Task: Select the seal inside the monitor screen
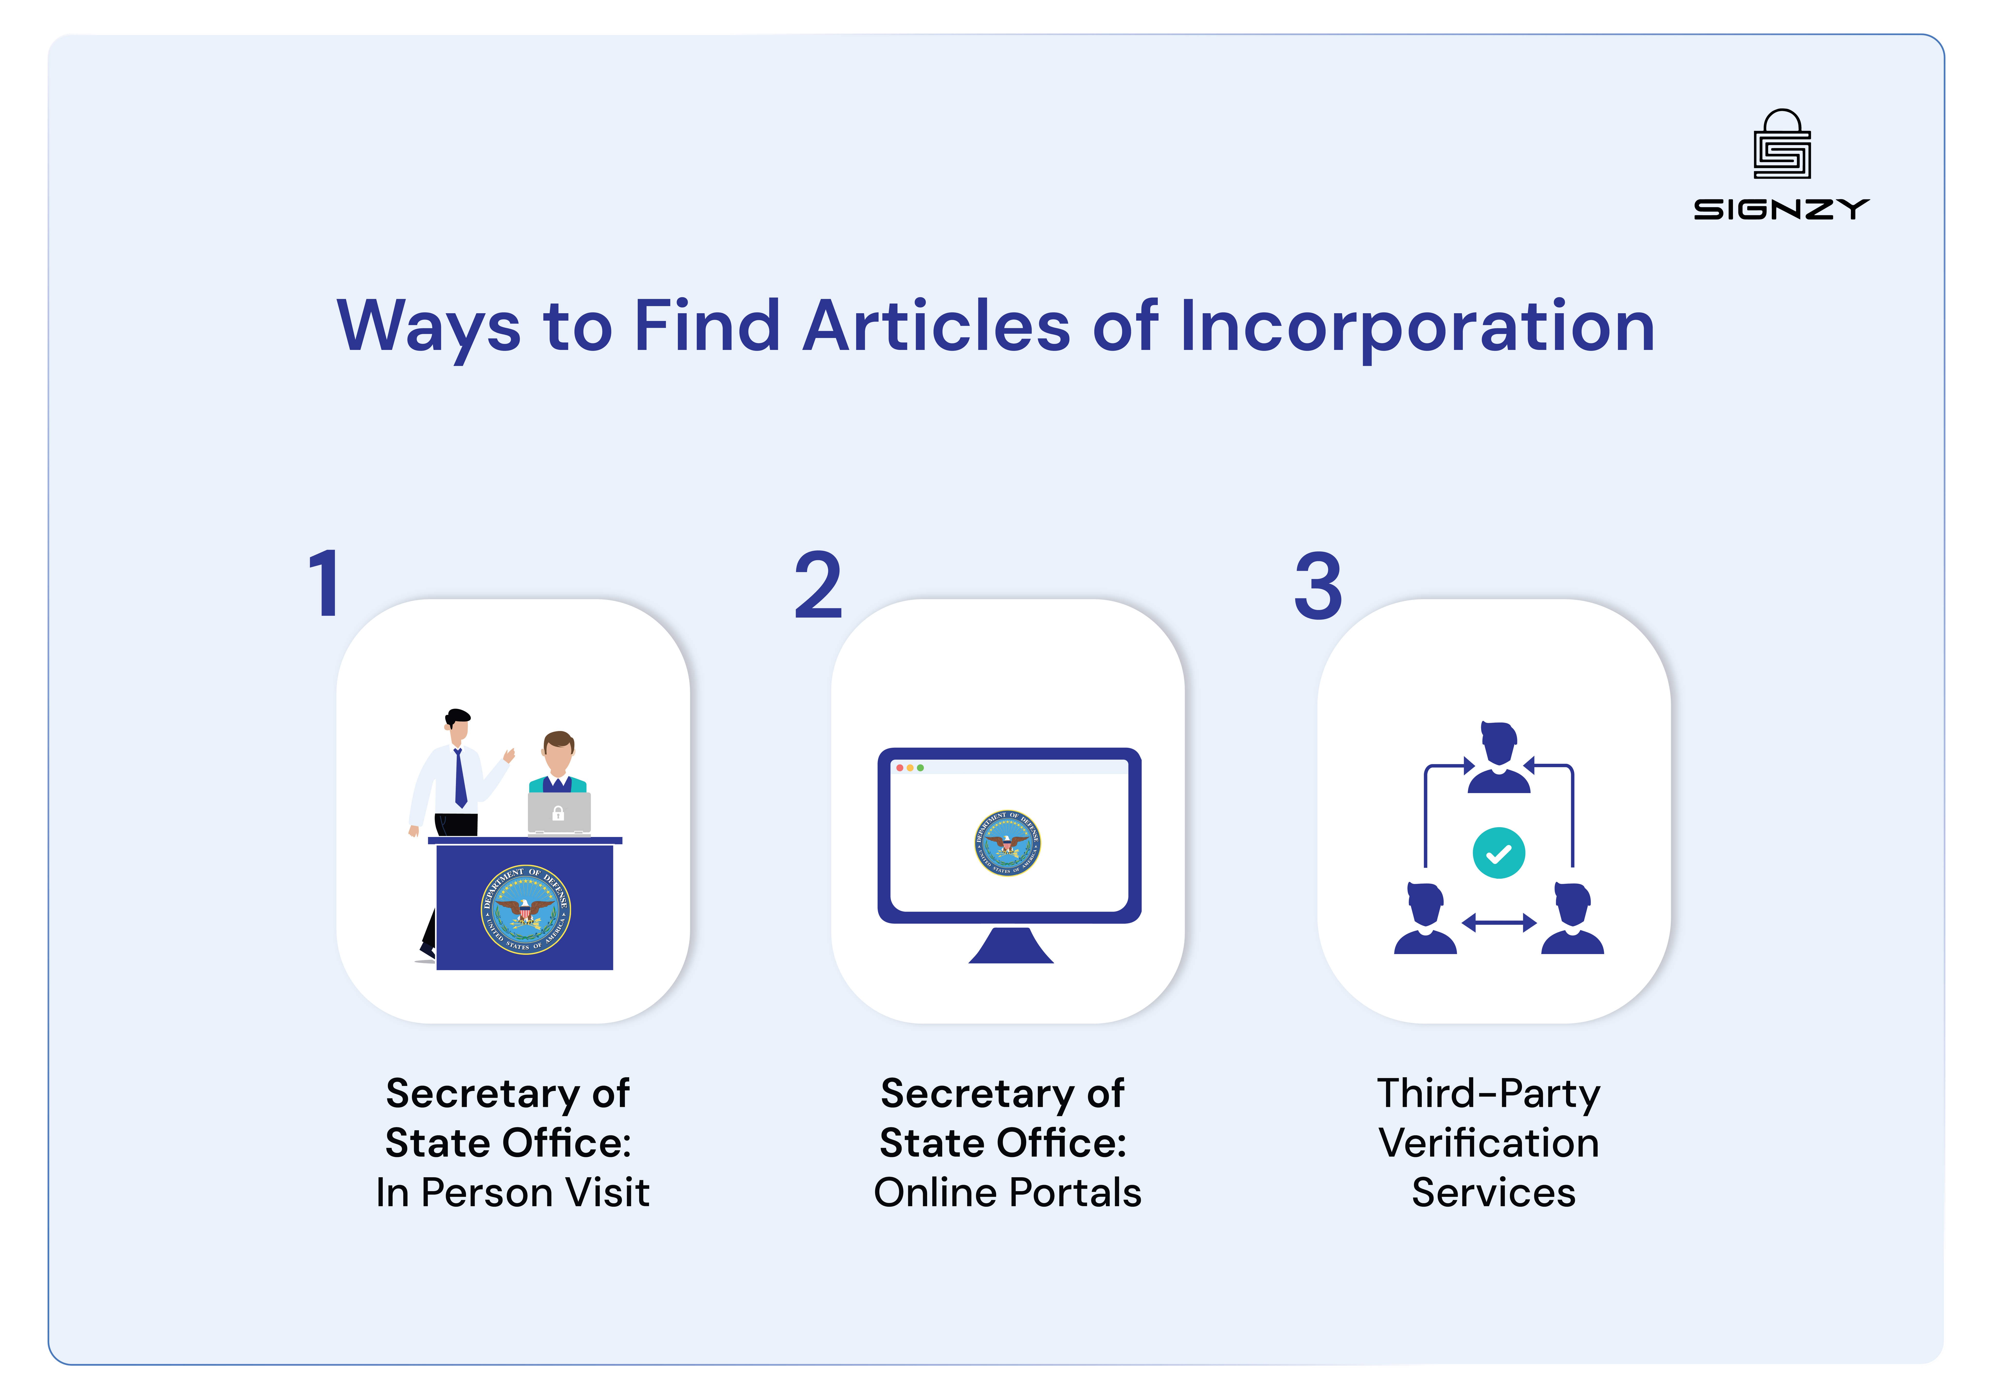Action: (x=1007, y=843)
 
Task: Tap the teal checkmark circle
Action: (x=1498, y=854)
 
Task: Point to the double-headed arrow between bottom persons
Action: (x=1499, y=923)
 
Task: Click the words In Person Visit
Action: (x=512, y=1193)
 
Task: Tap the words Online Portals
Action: (x=1007, y=1193)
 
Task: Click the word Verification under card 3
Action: (x=1489, y=1143)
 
